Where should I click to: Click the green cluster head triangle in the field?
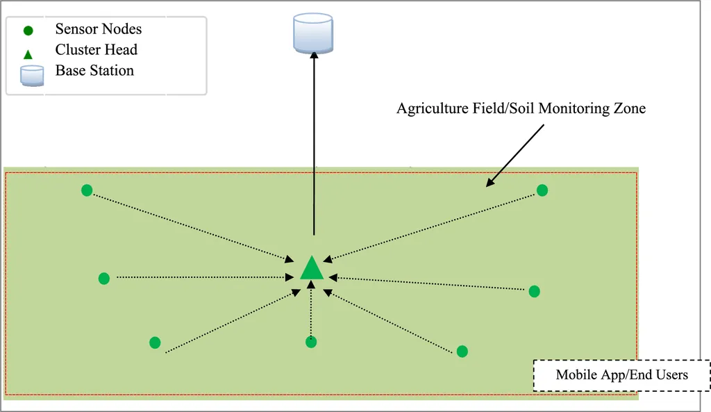click(x=312, y=269)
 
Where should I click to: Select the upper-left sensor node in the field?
click(x=87, y=190)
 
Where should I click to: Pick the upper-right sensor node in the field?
click(x=542, y=190)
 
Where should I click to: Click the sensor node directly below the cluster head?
click(x=311, y=342)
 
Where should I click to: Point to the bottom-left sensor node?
click(x=155, y=343)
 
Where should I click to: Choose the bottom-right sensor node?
click(x=462, y=352)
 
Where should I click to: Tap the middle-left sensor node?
click(x=104, y=279)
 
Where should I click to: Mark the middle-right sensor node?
click(x=534, y=291)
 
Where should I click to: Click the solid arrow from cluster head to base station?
click(x=314, y=146)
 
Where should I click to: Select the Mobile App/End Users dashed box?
click(x=621, y=375)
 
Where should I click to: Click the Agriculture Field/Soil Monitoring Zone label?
click(x=521, y=108)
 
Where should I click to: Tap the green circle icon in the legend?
click(x=28, y=31)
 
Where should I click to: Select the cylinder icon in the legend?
click(x=31, y=75)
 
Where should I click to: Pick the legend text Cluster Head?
click(x=97, y=50)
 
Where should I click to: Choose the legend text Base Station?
click(x=94, y=71)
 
